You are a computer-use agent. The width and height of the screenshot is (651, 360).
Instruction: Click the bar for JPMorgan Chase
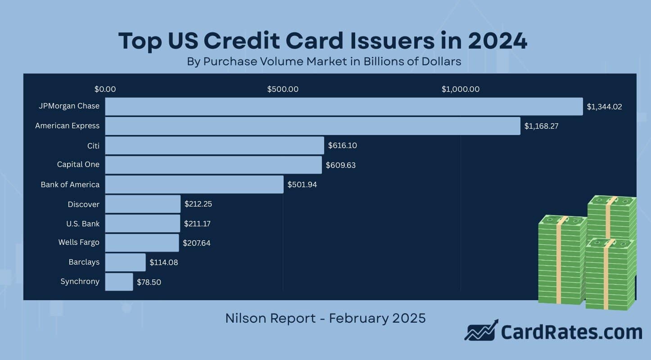(344, 107)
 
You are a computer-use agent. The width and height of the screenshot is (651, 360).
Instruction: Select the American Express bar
(312, 126)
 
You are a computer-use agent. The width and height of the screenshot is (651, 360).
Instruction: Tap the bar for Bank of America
(194, 184)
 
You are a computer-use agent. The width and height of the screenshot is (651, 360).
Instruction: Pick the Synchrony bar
(119, 282)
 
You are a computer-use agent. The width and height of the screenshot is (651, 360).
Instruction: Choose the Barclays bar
(125, 262)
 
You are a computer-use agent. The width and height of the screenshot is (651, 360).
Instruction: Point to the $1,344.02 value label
(604, 107)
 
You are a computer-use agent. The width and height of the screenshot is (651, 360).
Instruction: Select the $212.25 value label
(198, 204)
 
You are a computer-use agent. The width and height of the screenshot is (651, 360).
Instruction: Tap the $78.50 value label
(149, 282)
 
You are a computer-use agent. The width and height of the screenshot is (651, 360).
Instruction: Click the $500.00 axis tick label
(283, 89)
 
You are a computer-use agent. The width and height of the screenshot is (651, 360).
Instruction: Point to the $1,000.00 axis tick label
(460, 89)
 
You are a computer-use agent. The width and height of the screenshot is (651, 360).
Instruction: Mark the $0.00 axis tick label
(105, 89)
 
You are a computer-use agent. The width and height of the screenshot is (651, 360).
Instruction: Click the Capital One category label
(78, 165)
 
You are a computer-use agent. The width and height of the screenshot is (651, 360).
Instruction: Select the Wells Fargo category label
(79, 243)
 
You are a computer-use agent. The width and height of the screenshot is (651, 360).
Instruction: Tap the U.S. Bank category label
(83, 223)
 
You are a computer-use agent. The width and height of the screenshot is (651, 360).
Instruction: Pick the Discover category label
(83, 204)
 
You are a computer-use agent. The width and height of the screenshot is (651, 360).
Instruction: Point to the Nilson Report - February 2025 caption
(325, 318)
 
